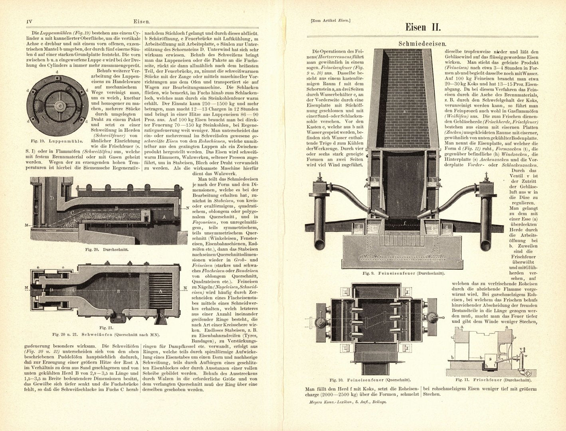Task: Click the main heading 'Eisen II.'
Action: pos(422,27)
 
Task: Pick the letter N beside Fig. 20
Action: pos(188,209)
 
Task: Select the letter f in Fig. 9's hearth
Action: pos(405,224)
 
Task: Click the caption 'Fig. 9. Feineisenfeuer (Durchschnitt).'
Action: pos(404,273)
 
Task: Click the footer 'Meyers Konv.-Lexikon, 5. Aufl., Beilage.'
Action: pos(348,402)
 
